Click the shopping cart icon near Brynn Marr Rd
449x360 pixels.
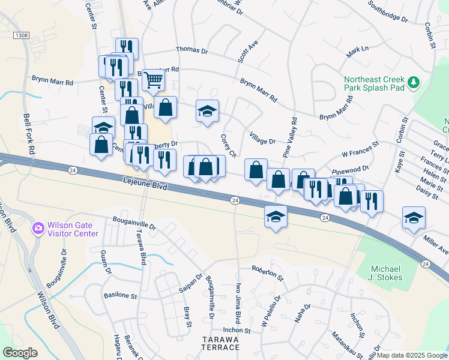tap(154, 79)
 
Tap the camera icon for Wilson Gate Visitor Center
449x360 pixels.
tap(38, 227)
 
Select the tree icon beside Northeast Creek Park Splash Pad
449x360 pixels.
tap(412, 82)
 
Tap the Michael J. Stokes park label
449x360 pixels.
tap(394, 271)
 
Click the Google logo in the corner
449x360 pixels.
tap(20, 352)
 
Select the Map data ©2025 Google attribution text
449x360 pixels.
tap(411, 355)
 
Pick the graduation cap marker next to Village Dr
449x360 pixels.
tap(207, 111)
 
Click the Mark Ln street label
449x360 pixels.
tap(357, 52)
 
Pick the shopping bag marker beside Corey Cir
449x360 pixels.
tap(256, 169)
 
